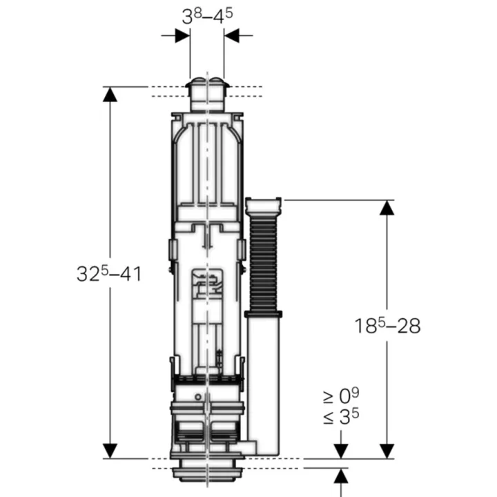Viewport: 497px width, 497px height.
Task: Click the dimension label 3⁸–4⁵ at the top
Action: pos(207,17)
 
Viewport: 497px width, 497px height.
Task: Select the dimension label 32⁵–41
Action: pos(109,273)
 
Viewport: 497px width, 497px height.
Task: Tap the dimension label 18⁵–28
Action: pos(387,326)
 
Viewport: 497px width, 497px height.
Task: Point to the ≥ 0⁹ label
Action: pos(341,396)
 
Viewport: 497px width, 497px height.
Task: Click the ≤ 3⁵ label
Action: pos(341,416)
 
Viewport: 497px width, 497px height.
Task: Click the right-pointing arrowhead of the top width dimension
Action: pos(182,35)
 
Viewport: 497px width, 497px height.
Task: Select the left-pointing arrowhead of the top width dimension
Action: pos(232,35)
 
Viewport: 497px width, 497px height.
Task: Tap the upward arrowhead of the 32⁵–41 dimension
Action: pos(110,95)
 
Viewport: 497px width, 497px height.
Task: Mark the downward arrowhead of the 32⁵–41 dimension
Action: pos(110,451)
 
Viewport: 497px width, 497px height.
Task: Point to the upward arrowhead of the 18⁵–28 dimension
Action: pos(387,208)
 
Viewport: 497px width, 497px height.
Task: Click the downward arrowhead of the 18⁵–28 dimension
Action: pos(387,451)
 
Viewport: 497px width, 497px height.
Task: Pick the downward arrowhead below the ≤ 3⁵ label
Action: pos(341,451)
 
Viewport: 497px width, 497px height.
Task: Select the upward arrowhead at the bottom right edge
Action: pos(341,476)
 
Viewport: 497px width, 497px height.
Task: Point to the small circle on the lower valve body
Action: pos(198,397)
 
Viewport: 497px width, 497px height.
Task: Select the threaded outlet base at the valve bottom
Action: pos(207,473)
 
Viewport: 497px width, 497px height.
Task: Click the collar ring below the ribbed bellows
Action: pos(264,315)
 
